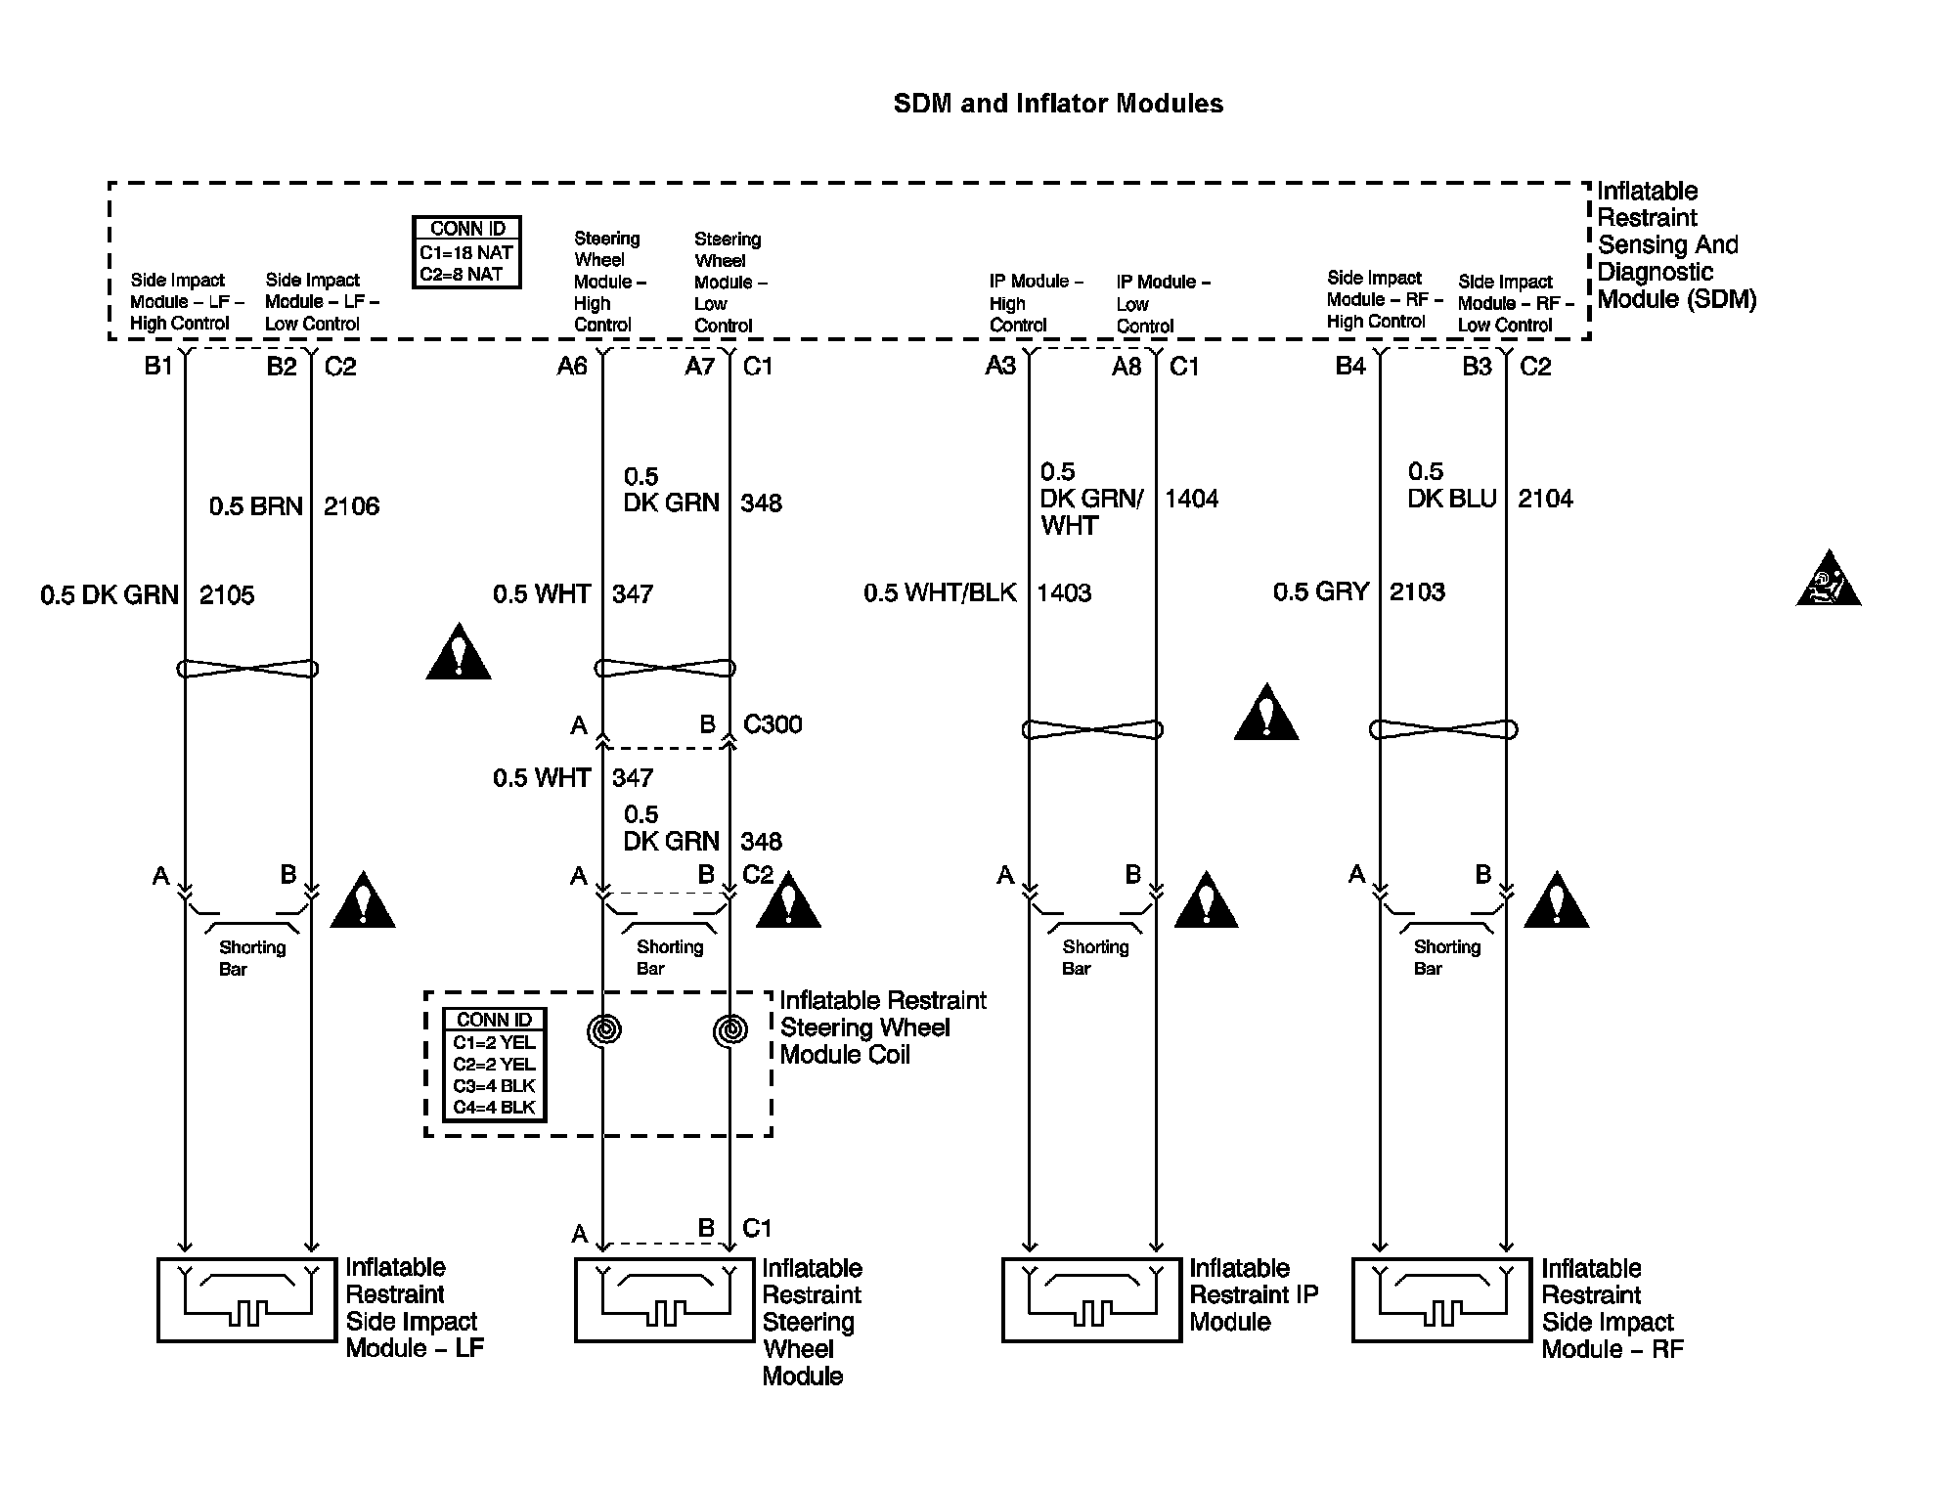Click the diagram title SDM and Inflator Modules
(1057, 104)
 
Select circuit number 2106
(351, 506)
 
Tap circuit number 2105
(227, 594)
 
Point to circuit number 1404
(1191, 499)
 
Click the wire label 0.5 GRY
(1320, 591)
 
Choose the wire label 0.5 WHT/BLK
(940, 592)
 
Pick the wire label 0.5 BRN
(255, 506)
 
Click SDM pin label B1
(158, 366)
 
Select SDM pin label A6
(572, 366)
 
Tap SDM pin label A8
(1127, 366)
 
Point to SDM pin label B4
(1350, 366)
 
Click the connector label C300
(773, 724)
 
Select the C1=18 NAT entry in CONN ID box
(466, 252)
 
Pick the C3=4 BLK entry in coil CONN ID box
(494, 1086)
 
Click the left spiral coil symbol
(604, 1029)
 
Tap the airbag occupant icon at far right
(1828, 581)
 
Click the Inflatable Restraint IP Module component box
(1091, 1299)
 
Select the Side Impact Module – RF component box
(1441, 1299)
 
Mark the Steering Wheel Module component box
(665, 1299)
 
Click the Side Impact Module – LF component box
(246, 1299)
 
